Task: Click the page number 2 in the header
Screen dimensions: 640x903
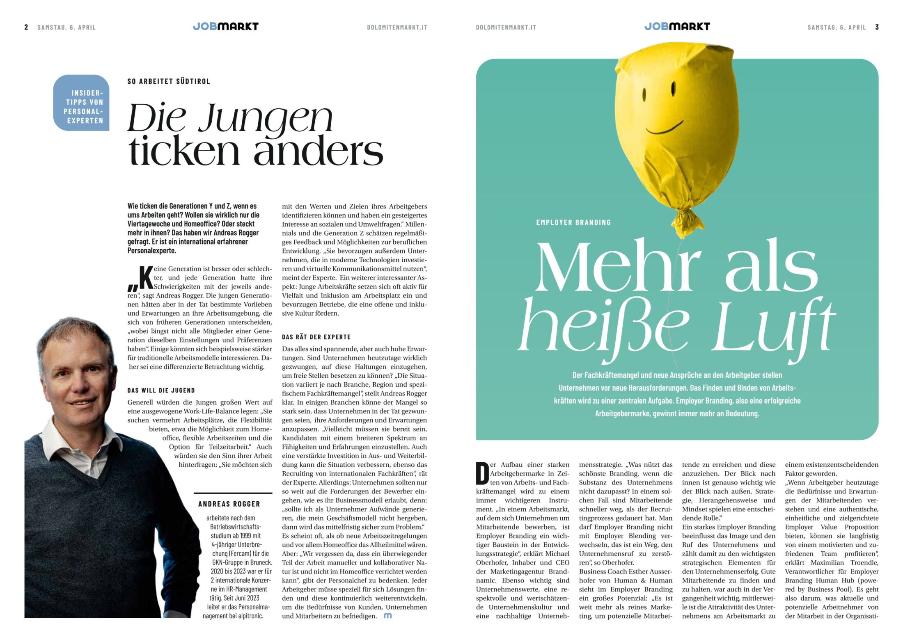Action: [26, 27]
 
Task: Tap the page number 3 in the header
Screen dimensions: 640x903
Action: [877, 27]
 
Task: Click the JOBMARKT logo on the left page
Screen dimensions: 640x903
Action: [225, 27]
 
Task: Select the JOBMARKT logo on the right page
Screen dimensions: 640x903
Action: [677, 27]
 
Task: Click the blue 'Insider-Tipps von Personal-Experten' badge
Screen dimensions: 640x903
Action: [81, 103]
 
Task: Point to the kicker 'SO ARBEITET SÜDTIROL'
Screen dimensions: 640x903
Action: [169, 81]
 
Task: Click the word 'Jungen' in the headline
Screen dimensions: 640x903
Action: [266, 119]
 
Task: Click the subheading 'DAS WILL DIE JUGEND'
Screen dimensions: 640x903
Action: [161, 390]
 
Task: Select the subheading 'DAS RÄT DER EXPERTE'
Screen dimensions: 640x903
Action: [316, 337]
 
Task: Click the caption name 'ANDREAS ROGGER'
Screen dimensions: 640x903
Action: [229, 504]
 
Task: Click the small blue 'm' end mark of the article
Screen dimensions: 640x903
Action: [387, 616]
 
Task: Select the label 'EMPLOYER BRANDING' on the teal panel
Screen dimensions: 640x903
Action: [573, 223]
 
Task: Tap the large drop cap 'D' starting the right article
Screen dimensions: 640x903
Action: [482, 473]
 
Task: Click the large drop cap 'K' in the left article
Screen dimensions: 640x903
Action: [145, 278]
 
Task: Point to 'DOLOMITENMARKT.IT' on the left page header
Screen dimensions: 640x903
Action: [397, 28]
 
